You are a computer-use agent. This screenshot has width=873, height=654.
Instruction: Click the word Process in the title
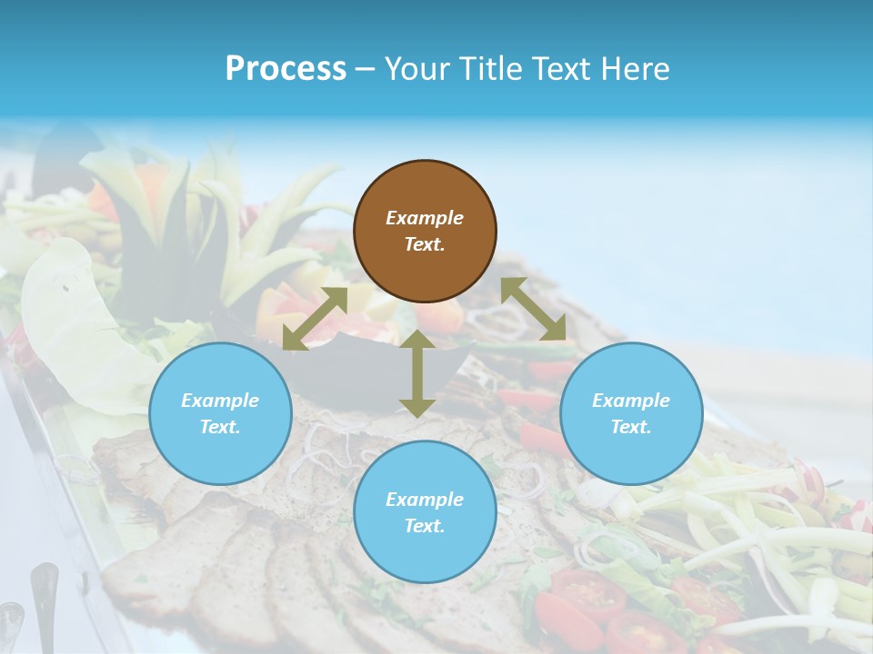[x=286, y=69]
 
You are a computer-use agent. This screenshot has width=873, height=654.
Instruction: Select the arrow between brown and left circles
[x=315, y=319]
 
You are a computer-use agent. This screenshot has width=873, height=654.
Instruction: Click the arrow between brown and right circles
[x=533, y=309]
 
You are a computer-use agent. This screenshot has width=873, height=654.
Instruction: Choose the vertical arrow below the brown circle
[x=416, y=373]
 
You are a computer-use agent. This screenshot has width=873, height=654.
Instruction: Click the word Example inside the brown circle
[x=425, y=218]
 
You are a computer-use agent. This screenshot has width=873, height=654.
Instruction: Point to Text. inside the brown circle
[x=425, y=244]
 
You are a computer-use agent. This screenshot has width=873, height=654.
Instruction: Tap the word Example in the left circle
[x=220, y=401]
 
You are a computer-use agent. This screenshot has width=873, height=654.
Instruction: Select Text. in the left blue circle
[x=220, y=427]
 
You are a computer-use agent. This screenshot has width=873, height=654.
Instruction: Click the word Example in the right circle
[x=631, y=401]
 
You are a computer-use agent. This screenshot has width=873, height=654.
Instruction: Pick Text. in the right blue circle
[x=631, y=427]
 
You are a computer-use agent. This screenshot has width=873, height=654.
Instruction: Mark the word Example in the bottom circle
[x=425, y=500]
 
